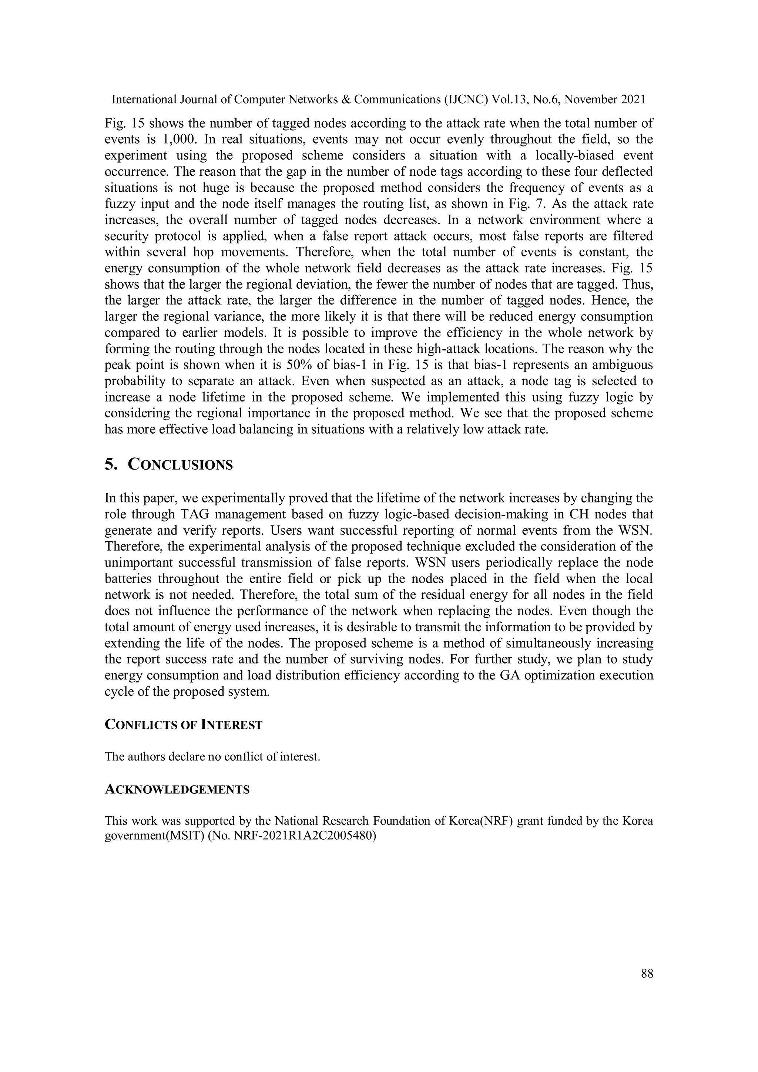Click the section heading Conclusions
(x=180, y=465)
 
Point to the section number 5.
(x=111, y=465)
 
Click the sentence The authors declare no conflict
(x=212, y=756)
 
